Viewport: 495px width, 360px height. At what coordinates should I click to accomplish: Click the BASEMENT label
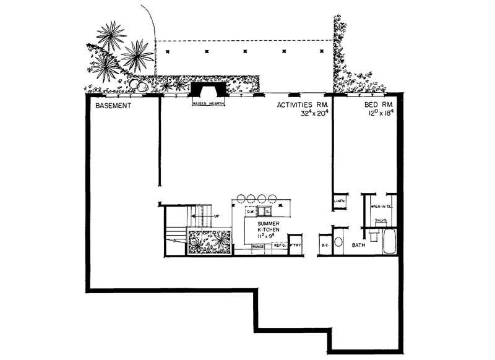[x=113, y=106]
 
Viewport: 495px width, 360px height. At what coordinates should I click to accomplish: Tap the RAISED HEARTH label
[x=207, y=104]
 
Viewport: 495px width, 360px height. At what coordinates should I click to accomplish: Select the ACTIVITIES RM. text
[x=301, y=106]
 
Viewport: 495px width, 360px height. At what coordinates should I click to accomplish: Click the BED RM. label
[x=379, y=106]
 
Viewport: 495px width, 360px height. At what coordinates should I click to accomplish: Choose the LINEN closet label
[x=339, y=201]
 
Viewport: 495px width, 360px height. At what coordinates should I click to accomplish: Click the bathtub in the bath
[x=389, y=241]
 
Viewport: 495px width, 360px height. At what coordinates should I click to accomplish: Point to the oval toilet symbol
[x=338, y=243]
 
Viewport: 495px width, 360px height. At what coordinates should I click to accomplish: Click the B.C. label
[x=325, y=246]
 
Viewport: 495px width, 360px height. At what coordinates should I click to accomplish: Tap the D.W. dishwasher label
[x=251, y=212]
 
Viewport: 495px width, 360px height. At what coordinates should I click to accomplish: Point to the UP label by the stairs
[x=217, y=216]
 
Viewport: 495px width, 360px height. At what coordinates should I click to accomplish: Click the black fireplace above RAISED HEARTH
[x=207, y=90]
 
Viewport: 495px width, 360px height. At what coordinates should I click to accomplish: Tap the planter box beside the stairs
[x=209, y=242]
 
